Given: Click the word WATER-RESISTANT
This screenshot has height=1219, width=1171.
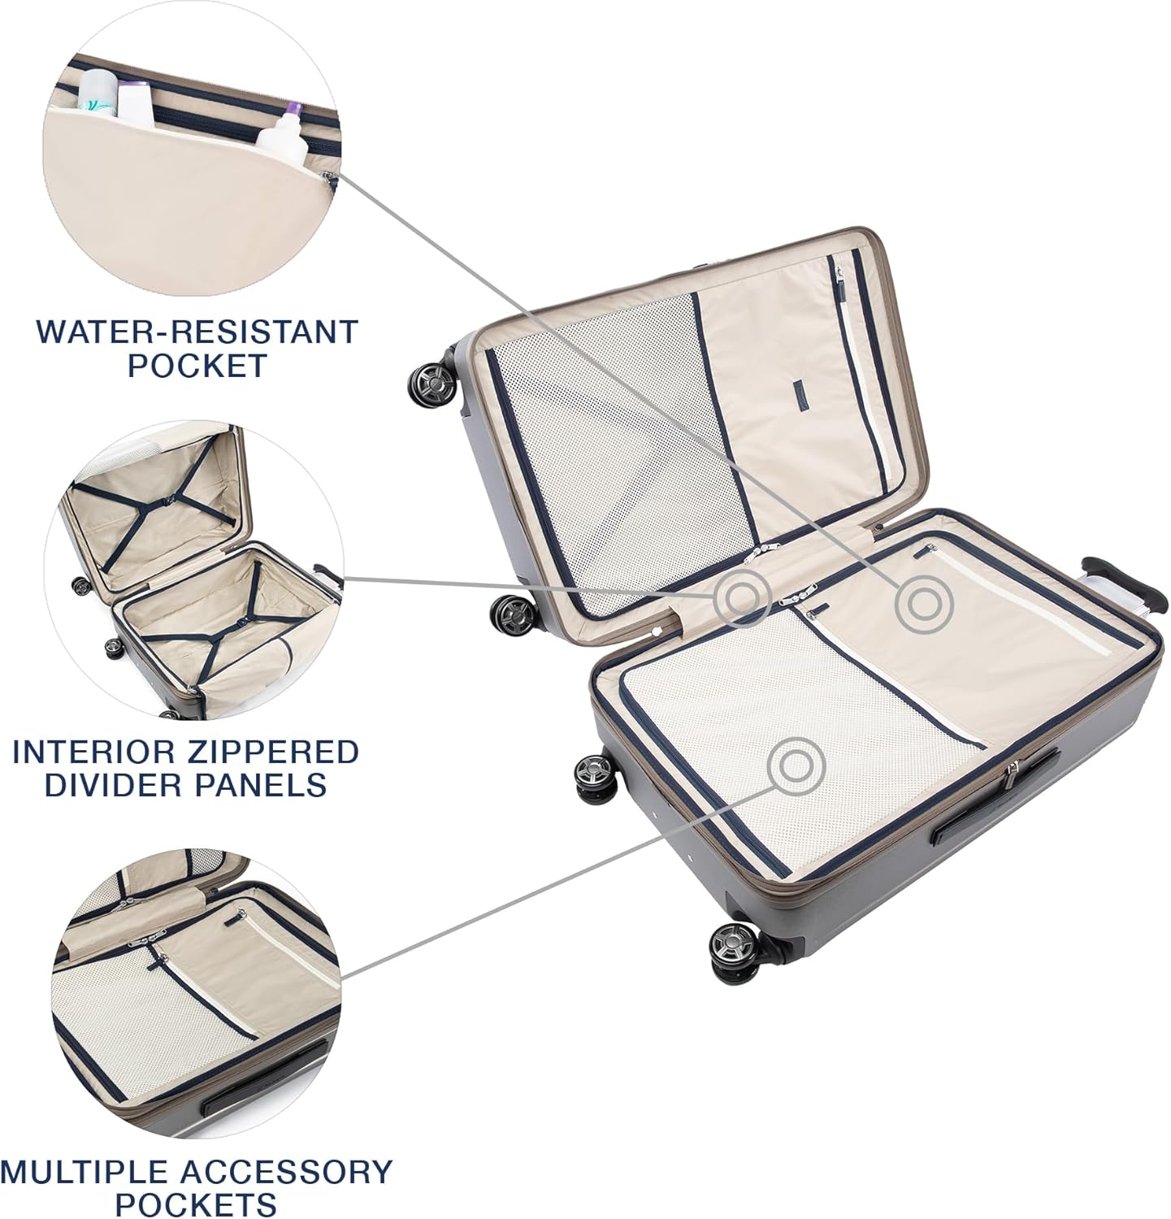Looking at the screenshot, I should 197,332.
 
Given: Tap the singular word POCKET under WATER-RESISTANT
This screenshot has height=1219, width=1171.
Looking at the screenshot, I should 197,366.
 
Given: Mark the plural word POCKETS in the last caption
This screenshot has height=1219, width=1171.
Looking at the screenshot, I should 197,1204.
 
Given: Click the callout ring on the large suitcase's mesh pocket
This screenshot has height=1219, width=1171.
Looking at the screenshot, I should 796,765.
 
